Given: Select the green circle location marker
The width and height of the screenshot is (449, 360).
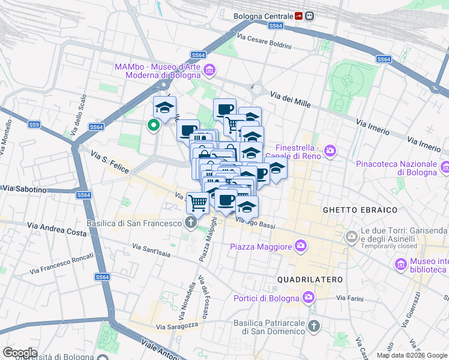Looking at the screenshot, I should tap(153, 125).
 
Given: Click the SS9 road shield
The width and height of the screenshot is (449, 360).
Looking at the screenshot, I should tap(34, 125).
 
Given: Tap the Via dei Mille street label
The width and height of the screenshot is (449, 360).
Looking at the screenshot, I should tap(290, 99).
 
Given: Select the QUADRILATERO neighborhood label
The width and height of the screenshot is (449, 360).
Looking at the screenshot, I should tap(310, 280).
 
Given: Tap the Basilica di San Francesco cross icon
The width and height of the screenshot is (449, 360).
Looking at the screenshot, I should tap(191, 223).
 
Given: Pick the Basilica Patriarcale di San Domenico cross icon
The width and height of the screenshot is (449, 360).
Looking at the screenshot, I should tap(313, 326).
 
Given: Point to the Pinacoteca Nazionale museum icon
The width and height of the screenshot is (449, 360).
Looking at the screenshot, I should tap(445, 167).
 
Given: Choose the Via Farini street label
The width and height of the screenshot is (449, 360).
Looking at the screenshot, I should tap(349, 298).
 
